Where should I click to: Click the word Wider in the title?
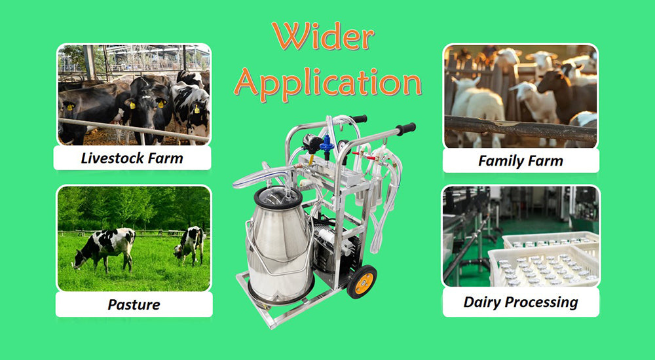[x=322, y=38]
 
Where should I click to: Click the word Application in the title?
[x=327, y=82]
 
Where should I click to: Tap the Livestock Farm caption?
[x=132, y=158]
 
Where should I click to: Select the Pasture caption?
[x=134, y=304]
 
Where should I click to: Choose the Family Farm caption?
[x=521, y=160]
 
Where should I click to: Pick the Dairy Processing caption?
[x=521, y=302]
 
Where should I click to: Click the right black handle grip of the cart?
[x=405, y=128]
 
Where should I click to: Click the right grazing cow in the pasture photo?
[x=189, y=243]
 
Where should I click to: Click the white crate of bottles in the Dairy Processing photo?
[x=544, y=265]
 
